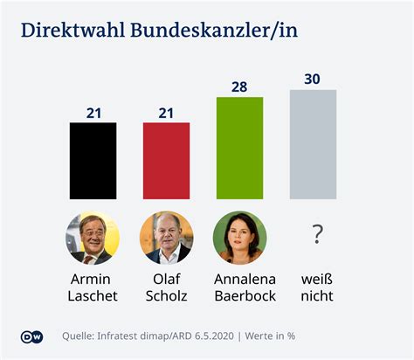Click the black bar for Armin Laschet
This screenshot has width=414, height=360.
click(x=93, y=161)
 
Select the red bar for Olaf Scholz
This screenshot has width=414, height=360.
click(x=166, y=161)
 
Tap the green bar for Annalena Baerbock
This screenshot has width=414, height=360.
click(x=239, y=148)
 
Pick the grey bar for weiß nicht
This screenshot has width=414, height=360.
click(x=313, y=144)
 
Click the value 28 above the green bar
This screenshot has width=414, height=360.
click(x=239, y=87)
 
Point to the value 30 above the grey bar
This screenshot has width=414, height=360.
click(x=313, y=79)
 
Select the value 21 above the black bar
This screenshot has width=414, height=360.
click(x=93, y=112)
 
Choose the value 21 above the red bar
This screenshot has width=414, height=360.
click(x=166, y=112)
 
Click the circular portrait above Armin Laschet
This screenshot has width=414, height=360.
click(x=93, y=238)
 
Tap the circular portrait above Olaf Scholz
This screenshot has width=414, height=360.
click(x=166, y=238)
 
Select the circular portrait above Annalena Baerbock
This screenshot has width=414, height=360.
click(x=239, y=238)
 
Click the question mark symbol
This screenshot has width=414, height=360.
click(x=317, y=234)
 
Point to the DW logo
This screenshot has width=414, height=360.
click(x=31, y=336)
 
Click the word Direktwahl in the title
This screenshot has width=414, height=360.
click(x=72, y=32)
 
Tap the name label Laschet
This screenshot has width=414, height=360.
click(x=93, y=295)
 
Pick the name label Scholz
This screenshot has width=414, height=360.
click(x=166, y=295)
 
